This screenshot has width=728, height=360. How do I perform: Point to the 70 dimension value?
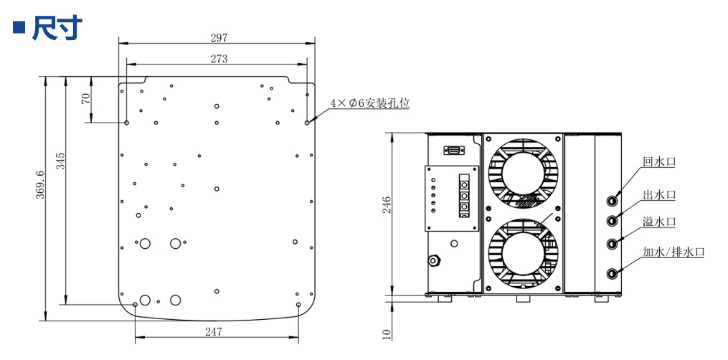pyautogui.click(x=86, y=99)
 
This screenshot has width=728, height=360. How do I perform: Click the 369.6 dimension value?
pyautogui.click(x=40, y=184)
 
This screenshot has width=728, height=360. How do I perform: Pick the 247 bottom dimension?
pyautogui.click(x=213, y=331)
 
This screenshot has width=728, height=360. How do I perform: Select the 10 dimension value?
pyautogui.click(x=387, y=333)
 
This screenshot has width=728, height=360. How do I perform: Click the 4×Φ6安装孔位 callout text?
pyautogui.click(x=369, y=103)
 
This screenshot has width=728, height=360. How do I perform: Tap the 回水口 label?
pyautogui.click(x=658, y=162)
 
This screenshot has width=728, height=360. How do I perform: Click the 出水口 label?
pyautogui.click(x=658, y=194)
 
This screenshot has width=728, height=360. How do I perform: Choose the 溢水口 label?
pyautogui.click(x=658, y=222)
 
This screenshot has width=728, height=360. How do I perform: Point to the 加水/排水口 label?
pyautogui.click(x=673, y=252)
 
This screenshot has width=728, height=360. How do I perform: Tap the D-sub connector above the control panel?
pyautogui.click(x=453, y=150)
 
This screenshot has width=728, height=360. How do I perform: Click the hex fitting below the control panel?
pyautogui.click(x=434, y=259)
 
